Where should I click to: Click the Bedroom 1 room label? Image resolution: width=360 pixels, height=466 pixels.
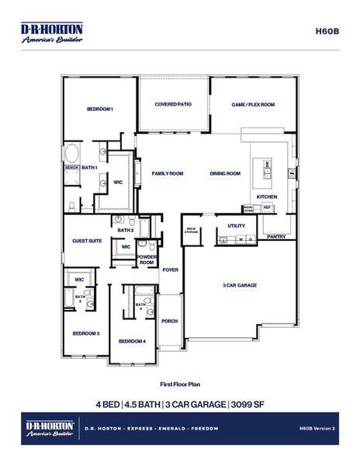click(100, 110)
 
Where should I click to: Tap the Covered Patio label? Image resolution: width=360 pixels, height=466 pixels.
click(173, 104)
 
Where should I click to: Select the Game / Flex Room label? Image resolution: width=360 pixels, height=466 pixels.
click(254, 104)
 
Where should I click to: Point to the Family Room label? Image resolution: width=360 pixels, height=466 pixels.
click(167, 174)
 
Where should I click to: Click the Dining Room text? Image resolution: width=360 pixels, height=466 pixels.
click(225, 174)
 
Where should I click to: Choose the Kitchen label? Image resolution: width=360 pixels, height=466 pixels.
click(267, 196)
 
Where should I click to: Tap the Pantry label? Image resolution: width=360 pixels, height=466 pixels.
click(275, 236)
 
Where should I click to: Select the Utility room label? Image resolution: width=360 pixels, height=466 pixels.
click(236, 225)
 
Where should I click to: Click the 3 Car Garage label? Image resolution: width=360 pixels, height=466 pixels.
click(240, 285)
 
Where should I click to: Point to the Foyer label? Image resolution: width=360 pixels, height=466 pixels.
click(170, 270)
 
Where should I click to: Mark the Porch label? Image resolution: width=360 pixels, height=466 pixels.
click(169, 320)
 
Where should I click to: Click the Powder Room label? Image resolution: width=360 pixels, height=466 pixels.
click(147, 260)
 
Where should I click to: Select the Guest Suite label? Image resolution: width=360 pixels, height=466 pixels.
click(87, 241)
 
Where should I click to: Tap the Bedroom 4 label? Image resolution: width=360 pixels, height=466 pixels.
click(132, 341)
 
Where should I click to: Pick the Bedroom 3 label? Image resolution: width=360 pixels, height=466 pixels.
click(86, 333)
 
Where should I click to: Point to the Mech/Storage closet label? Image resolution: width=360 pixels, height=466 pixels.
click(191, 230)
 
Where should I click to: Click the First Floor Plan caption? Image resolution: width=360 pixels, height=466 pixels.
click(179, 384)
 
